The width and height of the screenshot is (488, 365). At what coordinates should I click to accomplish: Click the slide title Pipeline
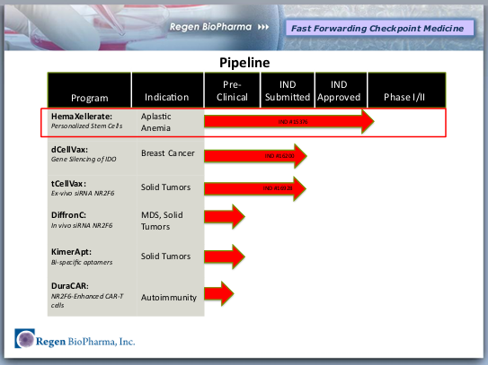click(245, 63)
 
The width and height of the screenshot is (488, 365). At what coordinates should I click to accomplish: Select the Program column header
click(90, 97)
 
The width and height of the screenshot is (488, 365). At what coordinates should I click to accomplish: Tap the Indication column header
click(165, 97)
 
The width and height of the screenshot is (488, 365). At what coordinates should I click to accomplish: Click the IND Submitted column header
click(287, 90)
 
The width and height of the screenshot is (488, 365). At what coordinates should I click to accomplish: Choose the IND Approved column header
click(339, 90)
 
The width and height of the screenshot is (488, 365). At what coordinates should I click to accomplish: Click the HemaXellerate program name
click(80, 117)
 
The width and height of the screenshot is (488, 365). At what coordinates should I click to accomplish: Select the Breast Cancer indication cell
click(168, 153)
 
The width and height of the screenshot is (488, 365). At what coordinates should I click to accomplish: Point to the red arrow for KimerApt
click(225, 256)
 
